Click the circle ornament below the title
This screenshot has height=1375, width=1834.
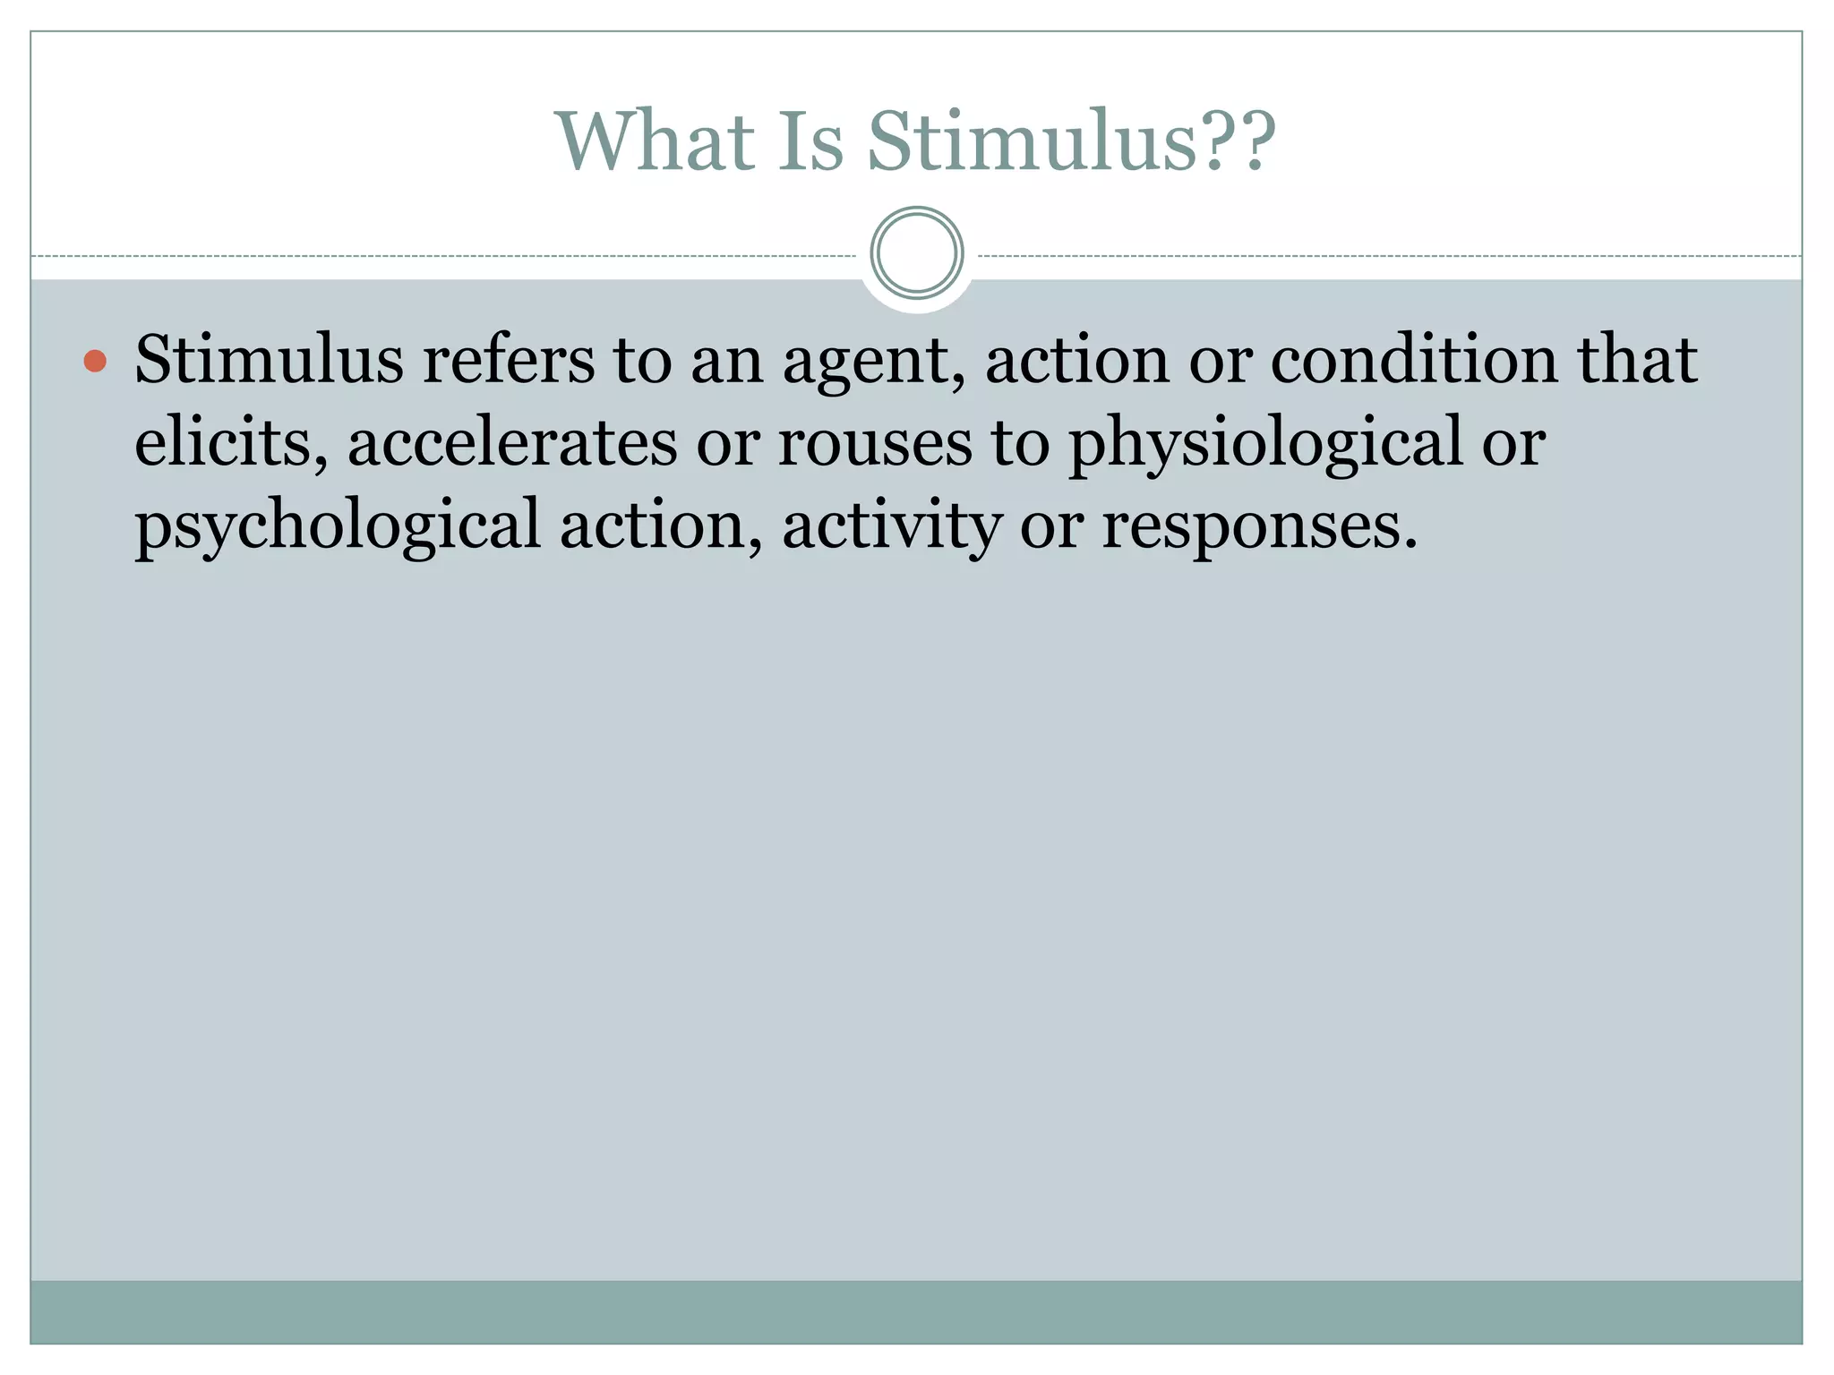click(916, 253)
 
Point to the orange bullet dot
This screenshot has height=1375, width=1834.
click(95, 361)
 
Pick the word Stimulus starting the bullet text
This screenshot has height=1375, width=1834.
click(269, 360)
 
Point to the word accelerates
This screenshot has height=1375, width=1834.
click(512, 442)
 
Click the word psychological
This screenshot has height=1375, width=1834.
click(338, 526)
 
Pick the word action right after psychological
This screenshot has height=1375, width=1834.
click(661, 525)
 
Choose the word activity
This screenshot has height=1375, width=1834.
click(892, 526)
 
